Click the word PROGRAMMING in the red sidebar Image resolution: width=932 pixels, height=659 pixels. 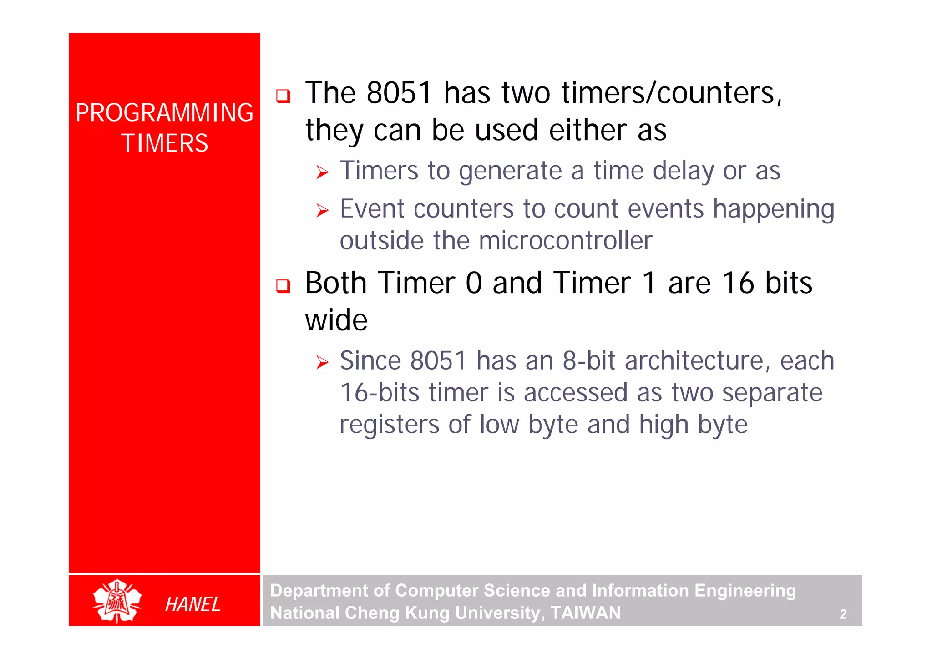(164, 113)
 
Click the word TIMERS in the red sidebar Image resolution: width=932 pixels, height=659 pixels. (165, 143)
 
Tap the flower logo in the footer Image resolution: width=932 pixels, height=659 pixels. (117, 601)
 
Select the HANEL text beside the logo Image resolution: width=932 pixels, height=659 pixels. (192, 604)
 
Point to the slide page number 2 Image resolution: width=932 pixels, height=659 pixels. (843, 614)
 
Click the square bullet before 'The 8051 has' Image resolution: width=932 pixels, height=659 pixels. (283, 96)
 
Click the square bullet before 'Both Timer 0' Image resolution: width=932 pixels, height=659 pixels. (283, 286)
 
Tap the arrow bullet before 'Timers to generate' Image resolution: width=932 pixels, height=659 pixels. (322, 172)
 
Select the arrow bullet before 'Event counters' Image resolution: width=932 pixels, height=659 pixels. (322, 210)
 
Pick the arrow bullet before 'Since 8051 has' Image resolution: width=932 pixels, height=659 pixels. (322, 362)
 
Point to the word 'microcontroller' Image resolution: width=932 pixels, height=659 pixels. (566, 240)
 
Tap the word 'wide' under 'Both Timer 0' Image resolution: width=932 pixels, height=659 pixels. (336, 320)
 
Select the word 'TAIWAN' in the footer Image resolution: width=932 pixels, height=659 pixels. (585, 613)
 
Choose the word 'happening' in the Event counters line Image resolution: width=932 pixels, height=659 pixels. (773, 210)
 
